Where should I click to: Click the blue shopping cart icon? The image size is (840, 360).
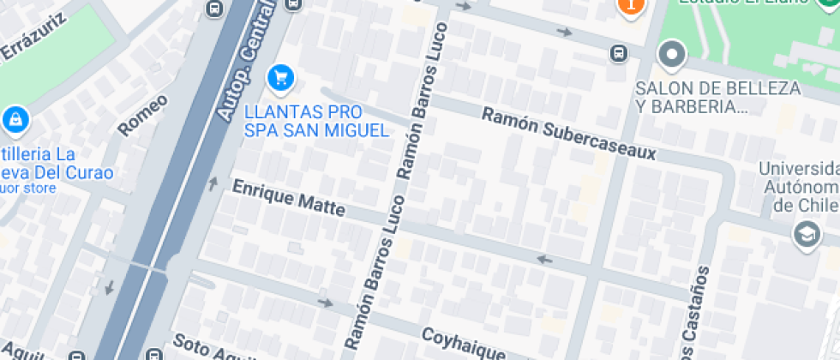click(x=280, y=79)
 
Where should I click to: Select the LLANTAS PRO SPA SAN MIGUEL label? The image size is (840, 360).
click(x=316, y=121)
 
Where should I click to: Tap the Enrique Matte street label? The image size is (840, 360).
click(x=289, y=198)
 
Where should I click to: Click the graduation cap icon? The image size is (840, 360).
click(x=807, y=234)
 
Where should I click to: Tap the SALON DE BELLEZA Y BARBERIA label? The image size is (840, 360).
click(x=718, y=97)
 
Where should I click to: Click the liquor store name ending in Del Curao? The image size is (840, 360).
click(x=56, y=165)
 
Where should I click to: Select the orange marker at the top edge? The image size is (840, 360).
click(x=631, y=5)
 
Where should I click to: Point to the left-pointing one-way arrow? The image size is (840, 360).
click(x=543, y=259)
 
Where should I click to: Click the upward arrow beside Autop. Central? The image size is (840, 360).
click(x=213, y=183)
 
